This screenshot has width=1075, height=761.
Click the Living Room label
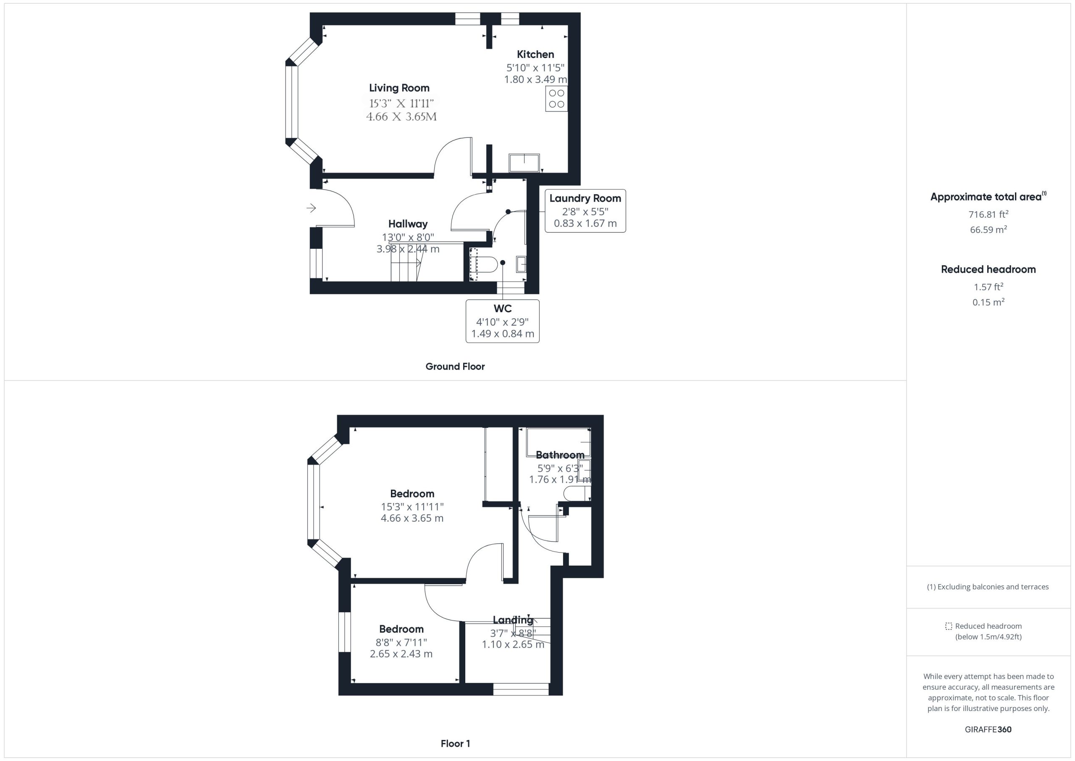[399, 88]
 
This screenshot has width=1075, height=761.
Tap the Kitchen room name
[535, 54]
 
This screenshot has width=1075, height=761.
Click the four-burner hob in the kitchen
[557, 98]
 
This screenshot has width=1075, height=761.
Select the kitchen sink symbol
[524, 163]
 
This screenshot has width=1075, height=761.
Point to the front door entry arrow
[311, 208]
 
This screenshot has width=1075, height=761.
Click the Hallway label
[408, 224]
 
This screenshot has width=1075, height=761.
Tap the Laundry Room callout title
[585, 198]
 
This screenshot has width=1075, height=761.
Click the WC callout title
[502, 308]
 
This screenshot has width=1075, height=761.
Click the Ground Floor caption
[455, 366]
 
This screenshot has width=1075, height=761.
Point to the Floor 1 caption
[455, 743]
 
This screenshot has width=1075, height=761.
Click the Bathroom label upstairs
[560, 455]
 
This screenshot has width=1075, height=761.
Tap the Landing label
[513, 620]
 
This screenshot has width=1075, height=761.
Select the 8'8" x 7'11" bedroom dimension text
[401, 642]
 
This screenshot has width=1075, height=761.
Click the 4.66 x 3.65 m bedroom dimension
[412, 518]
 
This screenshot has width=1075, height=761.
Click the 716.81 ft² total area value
[988, 214]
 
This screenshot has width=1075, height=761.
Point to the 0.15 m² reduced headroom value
[988, 302]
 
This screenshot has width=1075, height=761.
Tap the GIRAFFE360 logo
[988, 729]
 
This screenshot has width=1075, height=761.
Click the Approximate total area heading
[988, 197]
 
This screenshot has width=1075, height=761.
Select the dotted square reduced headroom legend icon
[949, 626]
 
